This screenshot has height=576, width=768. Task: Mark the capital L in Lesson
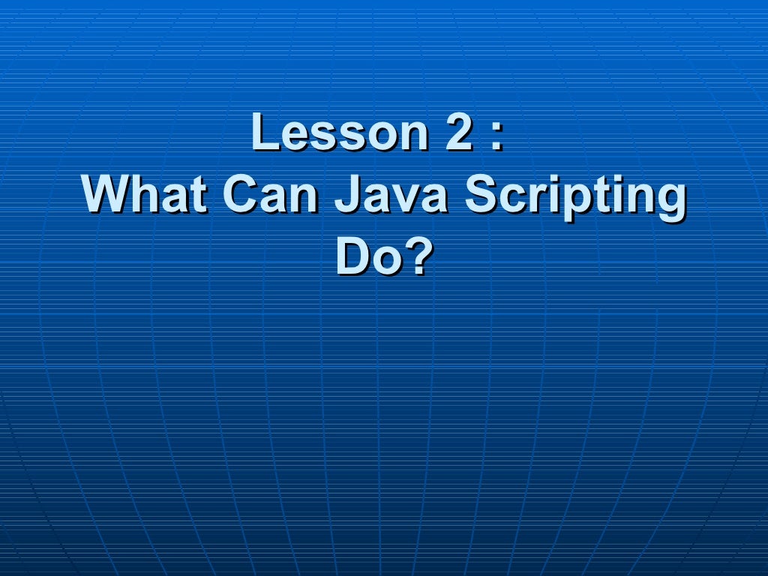tap(265, 133)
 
